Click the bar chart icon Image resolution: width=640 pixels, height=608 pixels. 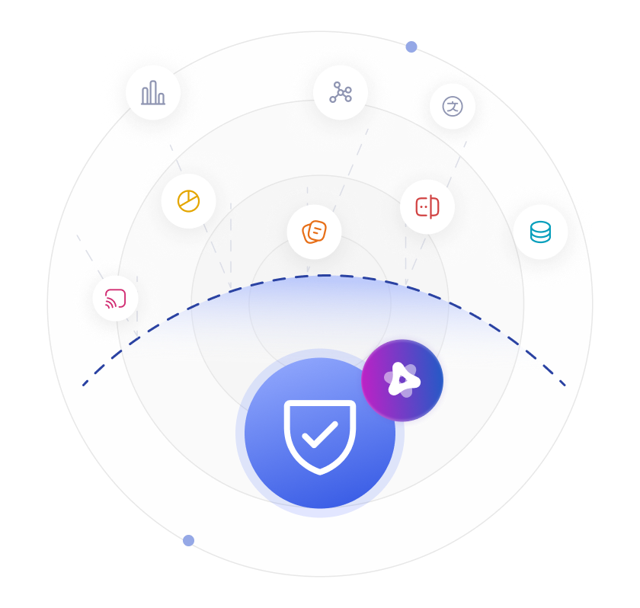pyautogui.click(x=153, y=93)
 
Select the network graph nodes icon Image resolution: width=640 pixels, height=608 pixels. pyautogui.click(x=341, y=93)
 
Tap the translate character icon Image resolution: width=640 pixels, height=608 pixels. pyautogui.click(x=453, y=107)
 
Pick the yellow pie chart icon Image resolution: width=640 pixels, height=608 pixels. pyautogui.click(x=188, y=201)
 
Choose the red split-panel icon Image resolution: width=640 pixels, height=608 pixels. pyautogui.click(x=427, y=206)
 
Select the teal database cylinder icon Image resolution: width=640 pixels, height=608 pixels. pyautogui.click(x=540, y=232)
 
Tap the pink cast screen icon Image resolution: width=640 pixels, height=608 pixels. pyautogui.click(x=115, y=298)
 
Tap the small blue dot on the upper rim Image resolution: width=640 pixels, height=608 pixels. pyautogui.click(x=411, y=47)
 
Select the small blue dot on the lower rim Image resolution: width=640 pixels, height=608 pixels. pyautogui.click(x=188, y=540)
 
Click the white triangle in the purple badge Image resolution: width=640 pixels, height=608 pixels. pyautogui.click(x=402, y=379)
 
